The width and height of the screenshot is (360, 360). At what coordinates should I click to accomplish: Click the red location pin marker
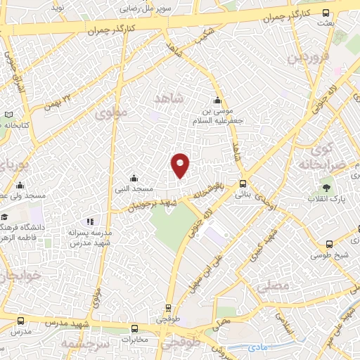(181, 165)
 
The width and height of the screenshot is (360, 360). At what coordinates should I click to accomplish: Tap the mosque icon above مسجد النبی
(134, 178)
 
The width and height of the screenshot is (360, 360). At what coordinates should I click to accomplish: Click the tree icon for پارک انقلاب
(326, 187)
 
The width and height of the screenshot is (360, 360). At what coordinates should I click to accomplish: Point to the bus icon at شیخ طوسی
(329, 244)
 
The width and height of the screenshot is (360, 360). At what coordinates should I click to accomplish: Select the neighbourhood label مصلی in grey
(274, 286)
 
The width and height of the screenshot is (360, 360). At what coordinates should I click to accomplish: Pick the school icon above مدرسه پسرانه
(89, 221)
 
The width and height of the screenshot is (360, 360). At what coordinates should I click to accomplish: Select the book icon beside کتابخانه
(8, 115)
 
